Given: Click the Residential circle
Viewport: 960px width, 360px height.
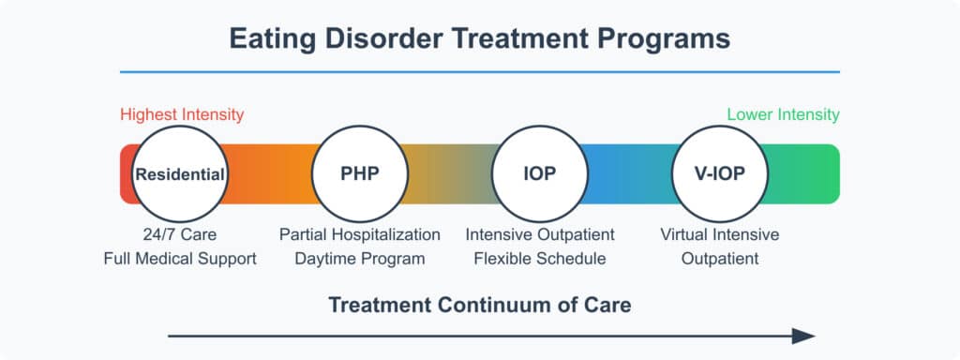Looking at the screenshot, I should click(180, 174).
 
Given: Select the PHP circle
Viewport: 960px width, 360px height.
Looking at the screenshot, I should click(360, 174).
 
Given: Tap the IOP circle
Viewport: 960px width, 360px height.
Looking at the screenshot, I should click(540, 174).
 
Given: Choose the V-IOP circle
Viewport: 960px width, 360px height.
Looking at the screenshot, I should click(720, 174).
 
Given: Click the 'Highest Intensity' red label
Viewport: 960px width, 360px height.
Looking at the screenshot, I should click(182, 115).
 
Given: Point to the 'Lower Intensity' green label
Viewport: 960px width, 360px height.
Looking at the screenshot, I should click(783, 115).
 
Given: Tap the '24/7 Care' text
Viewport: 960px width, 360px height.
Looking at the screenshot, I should click(180, 234).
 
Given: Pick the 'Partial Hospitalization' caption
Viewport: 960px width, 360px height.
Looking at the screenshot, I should click(360, 234).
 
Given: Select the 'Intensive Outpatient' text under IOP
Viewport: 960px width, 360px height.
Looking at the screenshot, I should click(540, 234).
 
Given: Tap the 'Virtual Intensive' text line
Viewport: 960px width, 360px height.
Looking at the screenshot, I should click(720, 234).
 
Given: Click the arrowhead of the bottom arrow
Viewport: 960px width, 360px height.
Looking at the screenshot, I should click(803, 336).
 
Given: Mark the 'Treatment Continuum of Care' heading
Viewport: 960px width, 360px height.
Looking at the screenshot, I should click(479, 305).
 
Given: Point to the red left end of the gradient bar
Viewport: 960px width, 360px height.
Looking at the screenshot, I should click(127, 174).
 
